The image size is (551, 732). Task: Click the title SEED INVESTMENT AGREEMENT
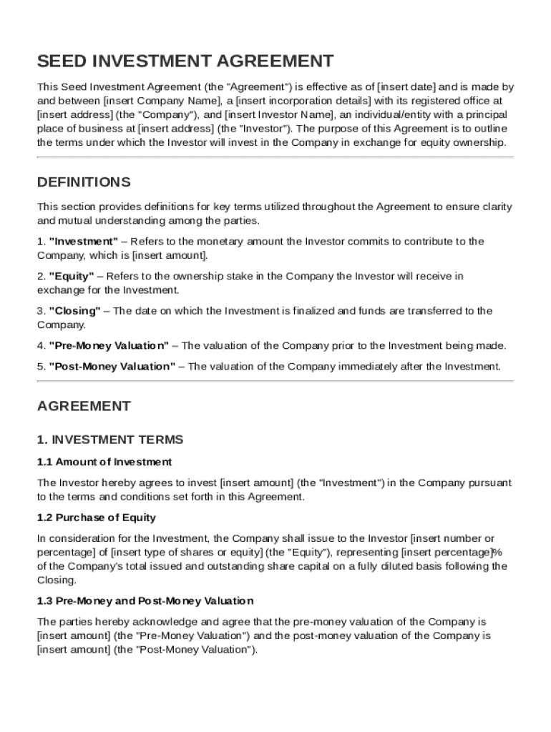click(185, 61)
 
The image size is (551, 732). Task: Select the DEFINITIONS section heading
click(84, 182)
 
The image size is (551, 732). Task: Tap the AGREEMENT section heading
click(84, 406)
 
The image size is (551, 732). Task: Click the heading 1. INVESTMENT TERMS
click(110, 440)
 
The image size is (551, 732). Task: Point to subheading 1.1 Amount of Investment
click(104, 462)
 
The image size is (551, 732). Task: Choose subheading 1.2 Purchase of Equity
click(97, 517)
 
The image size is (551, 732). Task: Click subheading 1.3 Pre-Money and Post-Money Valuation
click(145, 600)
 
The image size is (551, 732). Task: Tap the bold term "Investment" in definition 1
click(84, 242)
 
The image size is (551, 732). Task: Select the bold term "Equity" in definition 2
click(72, 276)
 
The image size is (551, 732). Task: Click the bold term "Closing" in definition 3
click(75, 311)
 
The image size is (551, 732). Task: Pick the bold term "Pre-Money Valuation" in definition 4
click(109, 345)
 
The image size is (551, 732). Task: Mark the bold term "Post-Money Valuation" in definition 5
click(112, 367)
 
